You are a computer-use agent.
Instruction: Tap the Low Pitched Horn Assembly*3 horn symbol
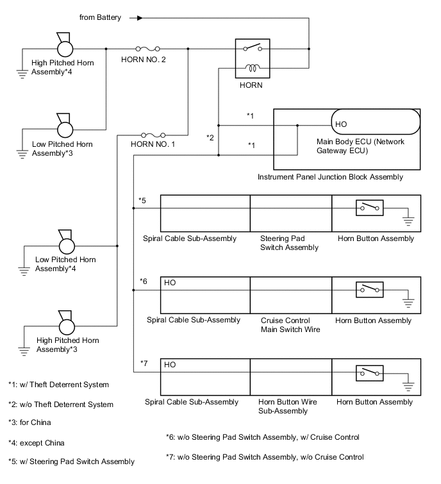click(65, 128)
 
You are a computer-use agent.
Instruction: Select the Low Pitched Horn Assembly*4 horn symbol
click(65, 244)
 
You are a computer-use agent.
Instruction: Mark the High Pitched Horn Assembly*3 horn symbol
click(65, 324)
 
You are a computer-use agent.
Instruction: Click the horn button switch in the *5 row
click(370, 208)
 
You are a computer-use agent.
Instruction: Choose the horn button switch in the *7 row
click(370, 372)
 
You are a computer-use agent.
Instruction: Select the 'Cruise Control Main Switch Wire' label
click(285, 325)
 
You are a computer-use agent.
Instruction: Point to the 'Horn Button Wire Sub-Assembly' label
click(285, 406)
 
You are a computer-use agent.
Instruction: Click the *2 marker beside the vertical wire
click(210, 137)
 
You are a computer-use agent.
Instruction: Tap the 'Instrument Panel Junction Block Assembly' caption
click(330, 176)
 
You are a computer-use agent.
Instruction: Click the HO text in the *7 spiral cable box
click(170, 364)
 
